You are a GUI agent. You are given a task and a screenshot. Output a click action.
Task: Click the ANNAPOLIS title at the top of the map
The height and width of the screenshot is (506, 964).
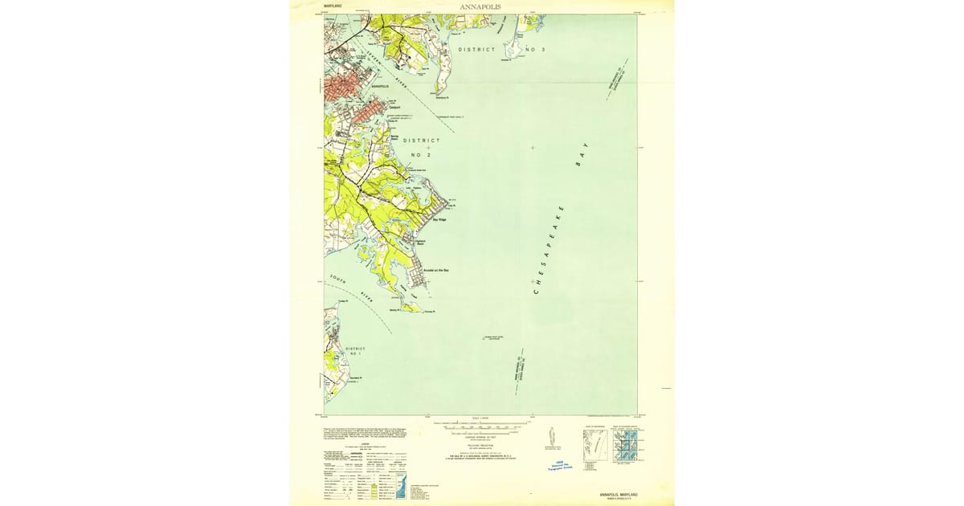482,6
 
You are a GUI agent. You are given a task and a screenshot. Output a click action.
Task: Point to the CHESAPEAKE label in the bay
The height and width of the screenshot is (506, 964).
549,250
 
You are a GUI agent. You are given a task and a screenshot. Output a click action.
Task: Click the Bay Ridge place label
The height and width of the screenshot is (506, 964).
439,219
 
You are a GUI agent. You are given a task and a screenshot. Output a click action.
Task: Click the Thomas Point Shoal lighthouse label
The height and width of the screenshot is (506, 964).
492,337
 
